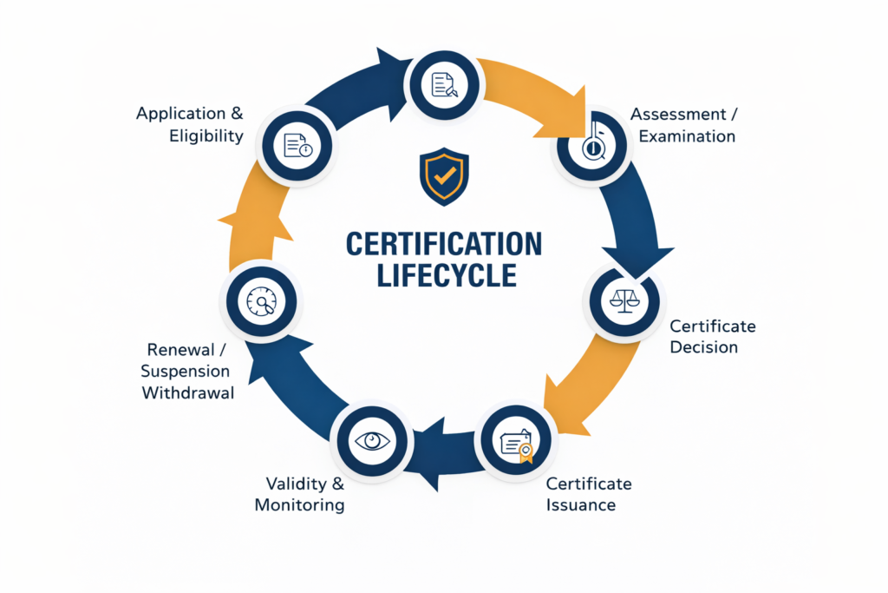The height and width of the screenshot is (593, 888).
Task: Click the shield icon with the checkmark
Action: pyautogui.click(x=443, y=177)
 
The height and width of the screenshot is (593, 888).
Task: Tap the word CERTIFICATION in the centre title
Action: pyautogui.click(x=443, y=244)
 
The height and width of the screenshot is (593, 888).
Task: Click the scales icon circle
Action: pyautogui.click(x=624, y=300)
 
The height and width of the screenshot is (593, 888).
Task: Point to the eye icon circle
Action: pyautogui.click(x=373, y=440)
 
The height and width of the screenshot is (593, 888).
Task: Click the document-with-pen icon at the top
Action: pyautogui.click(x=445, y=83)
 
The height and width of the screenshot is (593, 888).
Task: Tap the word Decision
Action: pyautogui.click(x=703, y=347)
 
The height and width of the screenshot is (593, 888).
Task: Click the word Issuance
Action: pyautogui.click(x=581, y=504)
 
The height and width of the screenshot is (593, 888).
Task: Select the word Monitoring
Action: pyautogui.click(x=299, y=504)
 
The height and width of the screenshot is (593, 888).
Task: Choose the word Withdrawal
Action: pyautogui.click(x=189, y=392)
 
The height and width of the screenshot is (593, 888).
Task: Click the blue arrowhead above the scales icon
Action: pyautogui.click(x=638, y=259)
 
